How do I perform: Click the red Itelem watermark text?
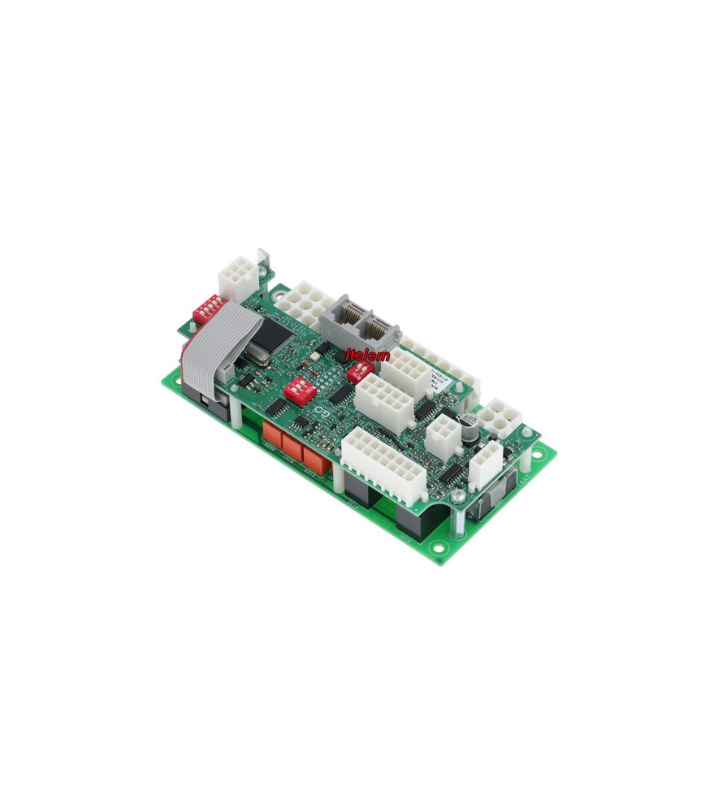click(367, 355)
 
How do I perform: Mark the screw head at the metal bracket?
click(261, 258)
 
